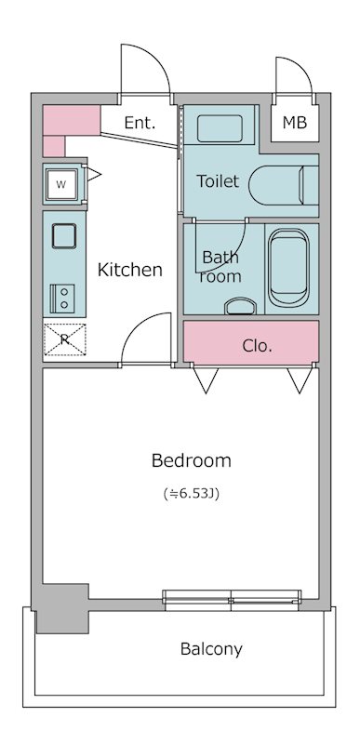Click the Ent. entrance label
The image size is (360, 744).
(x=140, y=123)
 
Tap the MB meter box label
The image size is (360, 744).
(x=294, y=123)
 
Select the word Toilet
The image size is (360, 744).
(x=218, y=181)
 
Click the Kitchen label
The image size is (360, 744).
(x=130, y=270)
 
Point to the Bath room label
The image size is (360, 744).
(x=221, y=267)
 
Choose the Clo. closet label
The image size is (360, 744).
(x=257, y=346)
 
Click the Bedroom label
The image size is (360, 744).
(x=191, y=460)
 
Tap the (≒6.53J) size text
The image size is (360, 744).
(x=191, y=493)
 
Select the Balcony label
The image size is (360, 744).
(x=211, y=648)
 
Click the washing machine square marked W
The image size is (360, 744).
(x=61, y=183)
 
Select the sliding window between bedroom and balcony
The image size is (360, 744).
(x=231, y=596)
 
